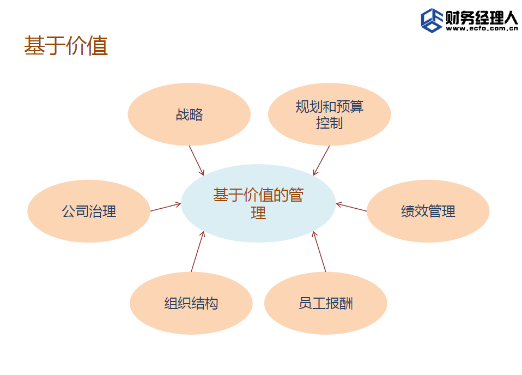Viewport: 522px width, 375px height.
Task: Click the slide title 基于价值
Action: [x=66, y=46]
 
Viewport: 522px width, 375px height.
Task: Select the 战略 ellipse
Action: [x=189, y=114]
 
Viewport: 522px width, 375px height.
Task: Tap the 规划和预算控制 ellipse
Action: [x=329, y=114]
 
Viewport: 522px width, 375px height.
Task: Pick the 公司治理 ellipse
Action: [x=89, y=211]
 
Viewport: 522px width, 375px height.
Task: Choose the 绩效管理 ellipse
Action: [x=428, y=211]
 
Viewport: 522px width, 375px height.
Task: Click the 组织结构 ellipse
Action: [x=191, y=303]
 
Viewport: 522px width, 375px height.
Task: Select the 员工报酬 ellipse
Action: [x=326, y=303]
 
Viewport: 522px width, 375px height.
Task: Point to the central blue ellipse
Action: [x=258, y=203]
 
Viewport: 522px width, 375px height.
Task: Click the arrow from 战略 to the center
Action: [x=196, y=161]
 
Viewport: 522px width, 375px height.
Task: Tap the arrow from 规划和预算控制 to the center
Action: [x=321, y=161]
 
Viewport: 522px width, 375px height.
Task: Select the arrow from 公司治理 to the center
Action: [x=166, y=207]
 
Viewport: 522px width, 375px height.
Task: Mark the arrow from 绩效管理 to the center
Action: [x=351, y=207]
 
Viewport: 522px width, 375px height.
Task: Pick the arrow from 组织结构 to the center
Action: [x=198, y=251]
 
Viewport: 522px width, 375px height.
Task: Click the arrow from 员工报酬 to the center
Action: [x=319, y=251]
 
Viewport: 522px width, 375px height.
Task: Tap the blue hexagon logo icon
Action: [x=432, y=21]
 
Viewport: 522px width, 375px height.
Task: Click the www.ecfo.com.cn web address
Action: [x=482, y=29]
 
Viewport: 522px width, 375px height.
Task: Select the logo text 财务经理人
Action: [x=482, y=17]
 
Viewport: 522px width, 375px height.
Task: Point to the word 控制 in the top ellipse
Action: [x=329, y=123]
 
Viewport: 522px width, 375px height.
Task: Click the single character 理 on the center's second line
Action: [x=258, y=213]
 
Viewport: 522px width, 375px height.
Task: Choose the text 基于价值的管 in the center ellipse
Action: [x=258, y=195]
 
